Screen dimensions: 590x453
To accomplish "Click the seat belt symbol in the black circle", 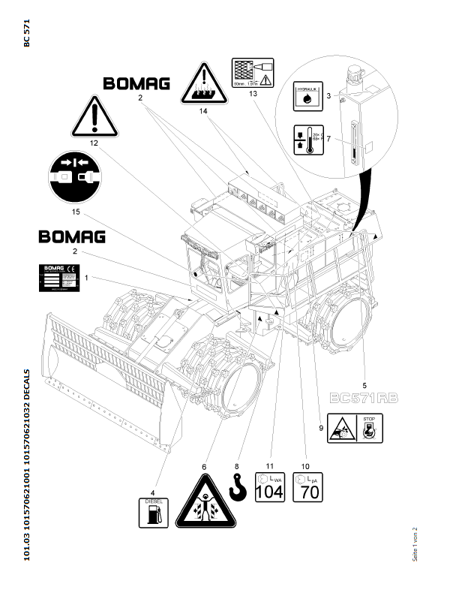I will point(75,178).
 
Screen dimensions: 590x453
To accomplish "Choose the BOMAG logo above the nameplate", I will point(71,237).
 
